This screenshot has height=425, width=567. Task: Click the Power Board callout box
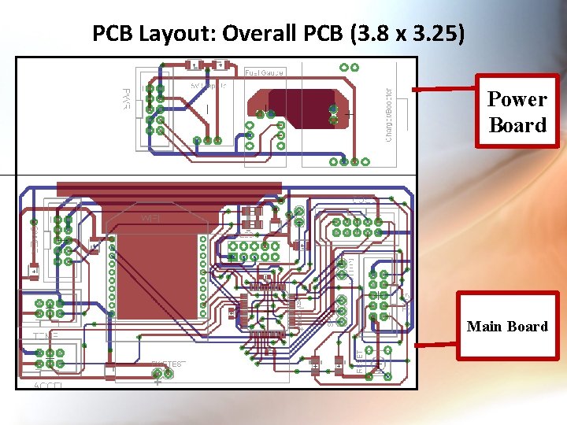517,112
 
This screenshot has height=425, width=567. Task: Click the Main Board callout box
507,326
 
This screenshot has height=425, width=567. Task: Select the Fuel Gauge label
265,72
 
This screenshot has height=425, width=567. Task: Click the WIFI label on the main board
150,217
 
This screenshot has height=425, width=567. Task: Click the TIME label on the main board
46,336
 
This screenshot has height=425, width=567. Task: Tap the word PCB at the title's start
110,34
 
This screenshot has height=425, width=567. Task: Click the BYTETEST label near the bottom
168,364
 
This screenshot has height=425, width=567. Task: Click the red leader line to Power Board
444,89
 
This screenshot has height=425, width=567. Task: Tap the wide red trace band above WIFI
169,188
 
